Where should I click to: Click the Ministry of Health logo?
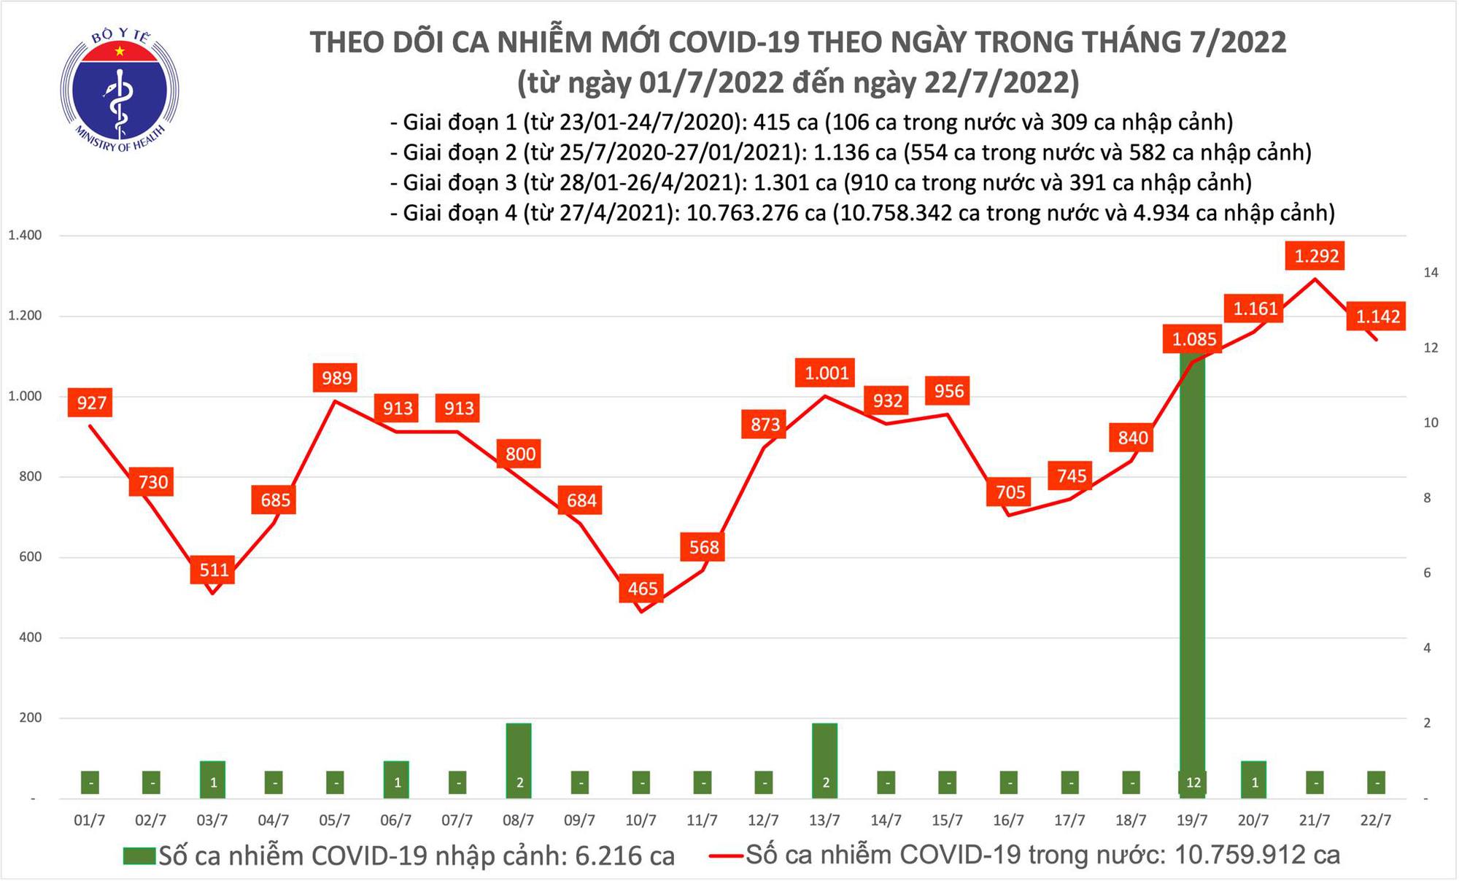(119, 90)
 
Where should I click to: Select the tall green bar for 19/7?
(1192, 569)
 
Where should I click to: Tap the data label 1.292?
(1316, 256)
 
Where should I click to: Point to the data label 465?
(642, 588)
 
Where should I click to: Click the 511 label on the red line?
(214, 569)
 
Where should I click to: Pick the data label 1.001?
(827, 373)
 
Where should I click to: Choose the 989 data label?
(336, 378)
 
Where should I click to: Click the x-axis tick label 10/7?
(641, 820)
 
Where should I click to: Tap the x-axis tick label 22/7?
(1376, 820)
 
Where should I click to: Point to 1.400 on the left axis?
(25, 236)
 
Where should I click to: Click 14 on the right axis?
(1431, 273)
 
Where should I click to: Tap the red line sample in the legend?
(727, 855)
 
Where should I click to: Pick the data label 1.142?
(1377, 317)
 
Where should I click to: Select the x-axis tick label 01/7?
(90, 820)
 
